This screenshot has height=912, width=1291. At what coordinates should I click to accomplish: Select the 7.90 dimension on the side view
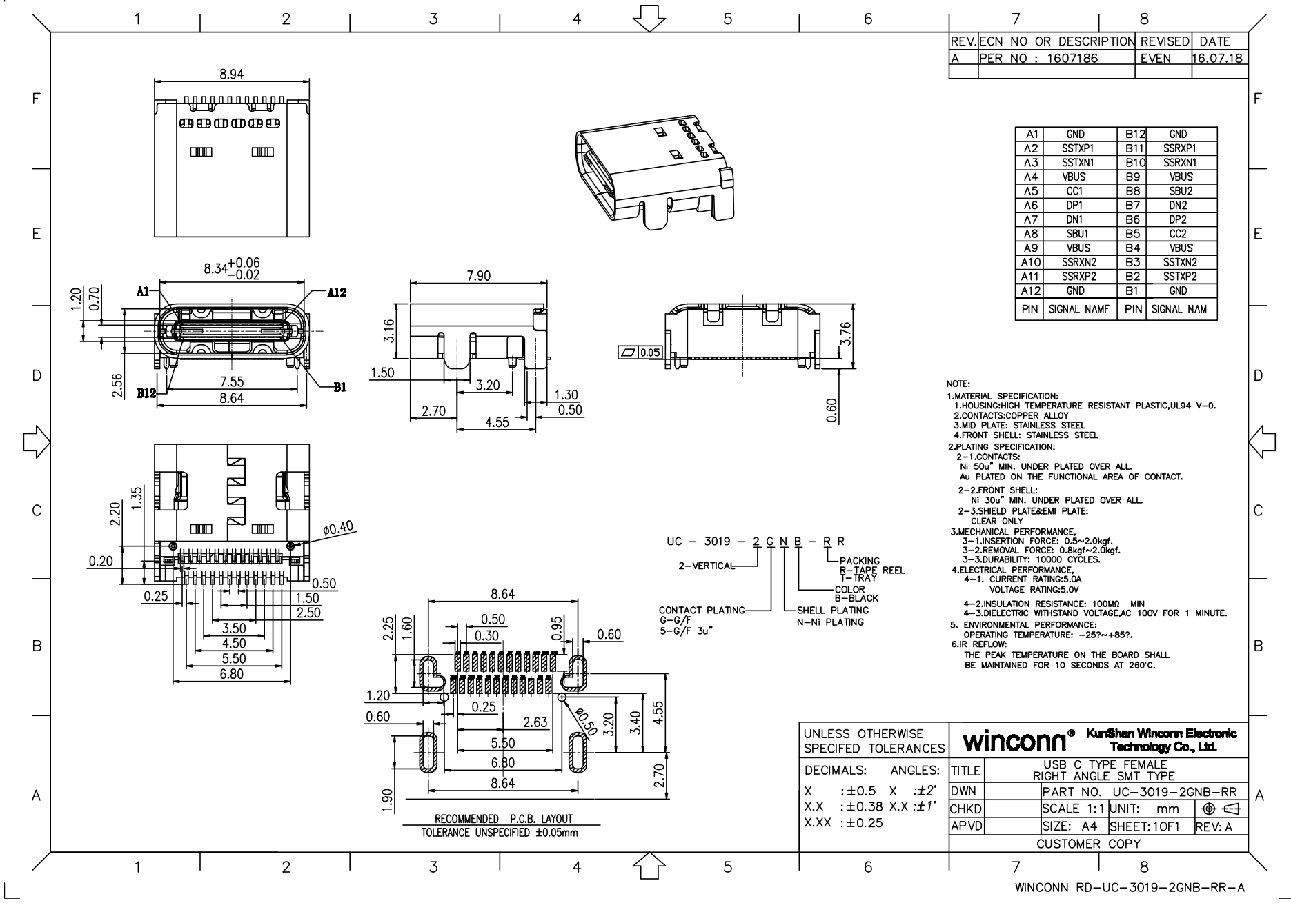478,276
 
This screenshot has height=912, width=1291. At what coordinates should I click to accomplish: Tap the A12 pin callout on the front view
337,293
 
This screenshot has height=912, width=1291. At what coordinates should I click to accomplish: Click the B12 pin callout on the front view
146,393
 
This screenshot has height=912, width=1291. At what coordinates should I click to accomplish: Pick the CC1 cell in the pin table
1075,191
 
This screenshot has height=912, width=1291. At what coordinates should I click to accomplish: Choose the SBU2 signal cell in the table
1181,191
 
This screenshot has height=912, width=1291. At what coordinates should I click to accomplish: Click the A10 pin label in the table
1030,262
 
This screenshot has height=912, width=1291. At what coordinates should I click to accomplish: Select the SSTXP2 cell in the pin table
1181,277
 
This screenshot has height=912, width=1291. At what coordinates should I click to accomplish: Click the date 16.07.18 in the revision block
1219,59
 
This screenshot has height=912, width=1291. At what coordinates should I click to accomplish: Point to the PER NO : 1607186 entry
1038,59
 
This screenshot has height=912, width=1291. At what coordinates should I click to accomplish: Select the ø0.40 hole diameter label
338,528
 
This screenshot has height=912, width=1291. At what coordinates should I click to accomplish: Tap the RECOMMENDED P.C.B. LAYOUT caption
503,819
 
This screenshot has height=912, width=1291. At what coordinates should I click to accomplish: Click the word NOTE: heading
958,384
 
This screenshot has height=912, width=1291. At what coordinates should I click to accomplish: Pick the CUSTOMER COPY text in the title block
1098,844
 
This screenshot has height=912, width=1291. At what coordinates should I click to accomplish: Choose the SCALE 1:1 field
1074,809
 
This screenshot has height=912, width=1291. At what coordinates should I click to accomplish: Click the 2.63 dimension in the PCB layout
535,722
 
